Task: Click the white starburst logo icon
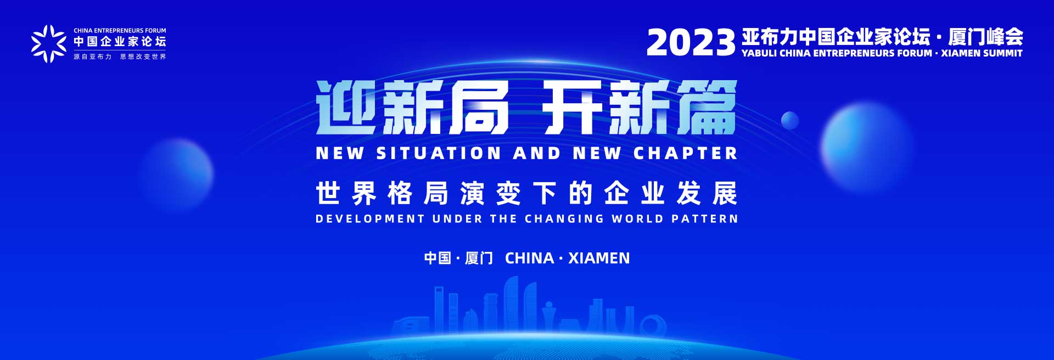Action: click(x=48, y=43)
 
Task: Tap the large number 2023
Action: click(x=691, y=42)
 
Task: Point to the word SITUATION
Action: click(x=439, y=153)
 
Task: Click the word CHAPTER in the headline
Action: click(x=686, y=153)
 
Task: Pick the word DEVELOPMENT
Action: click(x=370, y=218)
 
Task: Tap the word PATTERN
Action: click(x=705, y=218)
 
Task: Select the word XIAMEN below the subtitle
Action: click(x=599, y=258)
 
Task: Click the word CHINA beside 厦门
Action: click(x=529, y=258)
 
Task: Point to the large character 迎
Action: click(x=346, y=108)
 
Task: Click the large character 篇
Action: click(x=707, y=108)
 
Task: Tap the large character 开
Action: click(x=573, y=108)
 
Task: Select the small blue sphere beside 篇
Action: click(x=790, y=120)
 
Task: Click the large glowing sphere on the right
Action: click(x=867, y=147)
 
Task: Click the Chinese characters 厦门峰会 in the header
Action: click(x=985, y=37)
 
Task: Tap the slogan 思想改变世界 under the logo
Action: click(x=143, y=57)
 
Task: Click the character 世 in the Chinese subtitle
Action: click(x=328, y=193)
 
